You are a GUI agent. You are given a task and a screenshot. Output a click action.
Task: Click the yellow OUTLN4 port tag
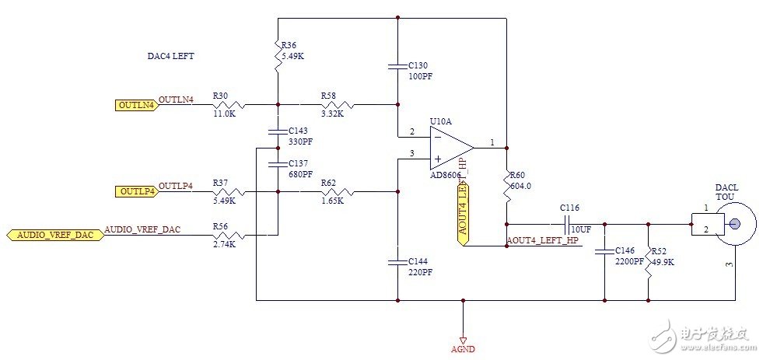pyautogui.click(x=136, y=104)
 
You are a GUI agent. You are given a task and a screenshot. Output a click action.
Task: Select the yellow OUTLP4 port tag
pyautogui.click(x=136, y=190)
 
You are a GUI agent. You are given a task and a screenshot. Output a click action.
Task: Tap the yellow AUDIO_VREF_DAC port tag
pyautogui.click(x=54, y=235)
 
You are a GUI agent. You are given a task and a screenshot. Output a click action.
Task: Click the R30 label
pyautogui.click(x=221, y=96)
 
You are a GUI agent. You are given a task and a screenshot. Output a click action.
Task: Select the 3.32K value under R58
pyautogui.click(x=332, y=114)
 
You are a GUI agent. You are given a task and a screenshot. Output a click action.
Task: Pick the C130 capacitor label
pyautogui.click(x=418, y=65)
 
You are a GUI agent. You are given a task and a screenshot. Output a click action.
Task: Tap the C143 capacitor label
pyautogui.click(x=298, y=131)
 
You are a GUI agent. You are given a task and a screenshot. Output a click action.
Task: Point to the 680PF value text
pyautogui.click(x=299, y=173)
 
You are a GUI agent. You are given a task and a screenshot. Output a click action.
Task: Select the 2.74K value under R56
pyautogui.click(x=223, y=244)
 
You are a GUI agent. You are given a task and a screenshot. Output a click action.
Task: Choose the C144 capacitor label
pyautogui.click(x=418, y=261)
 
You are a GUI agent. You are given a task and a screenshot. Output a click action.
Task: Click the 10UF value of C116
pyautogui.click(x=581, y=231)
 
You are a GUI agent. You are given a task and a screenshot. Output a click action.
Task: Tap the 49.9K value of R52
pyautogui.click(x=663, y=262)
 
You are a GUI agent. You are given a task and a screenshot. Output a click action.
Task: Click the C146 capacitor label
pyautogui.click(x=625, y=251)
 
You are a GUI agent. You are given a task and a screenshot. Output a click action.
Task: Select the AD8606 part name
pyautogui.click(x=445, y=176)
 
